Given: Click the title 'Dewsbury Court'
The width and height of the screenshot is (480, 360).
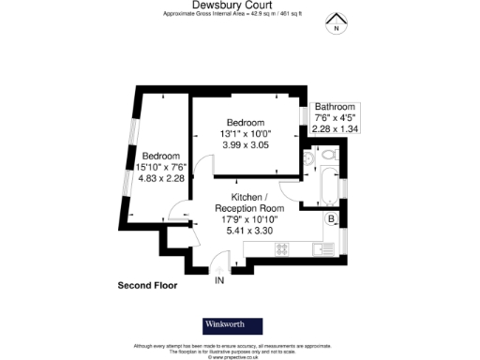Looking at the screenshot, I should (x=239, y=5).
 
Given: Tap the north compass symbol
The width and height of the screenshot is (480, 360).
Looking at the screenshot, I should (x=335, y=24).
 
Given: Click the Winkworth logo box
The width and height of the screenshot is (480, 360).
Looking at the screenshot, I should (x=232, y=325).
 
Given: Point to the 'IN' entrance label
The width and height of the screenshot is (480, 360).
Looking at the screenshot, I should (x=219, y=280).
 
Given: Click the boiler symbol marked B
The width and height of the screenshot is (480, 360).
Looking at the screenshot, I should (x=330, y=220).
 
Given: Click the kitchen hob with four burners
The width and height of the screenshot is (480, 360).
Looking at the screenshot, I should (x=282, y=250).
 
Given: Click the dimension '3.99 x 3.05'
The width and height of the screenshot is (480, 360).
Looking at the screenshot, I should (x=245, y=146).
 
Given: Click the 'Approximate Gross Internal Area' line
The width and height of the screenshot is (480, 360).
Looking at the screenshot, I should (x=239, y=14).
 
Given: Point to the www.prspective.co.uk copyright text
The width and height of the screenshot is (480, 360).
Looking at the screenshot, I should (x=239, y=356).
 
